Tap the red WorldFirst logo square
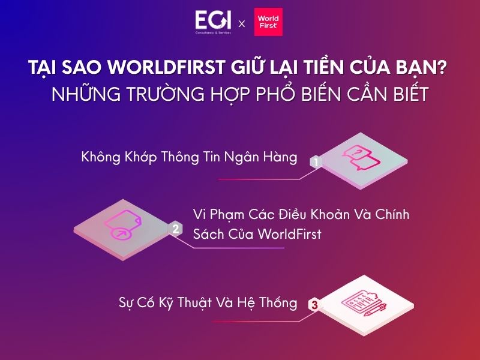tap(268, 22)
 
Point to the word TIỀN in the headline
tap(316, 68)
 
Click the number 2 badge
tap(175, 229)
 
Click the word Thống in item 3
tap(277, 303)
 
